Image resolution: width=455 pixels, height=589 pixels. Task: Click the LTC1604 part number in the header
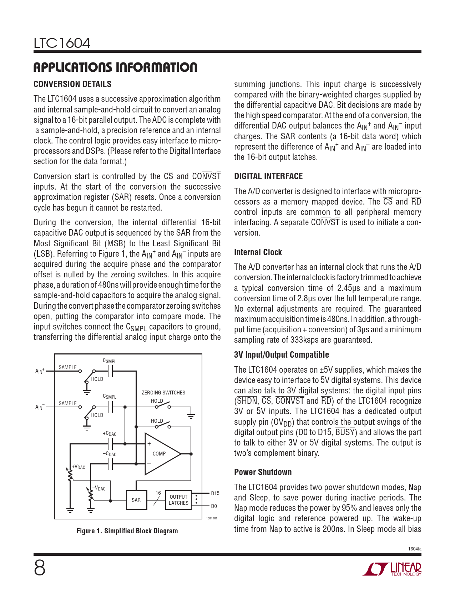pos(62,44)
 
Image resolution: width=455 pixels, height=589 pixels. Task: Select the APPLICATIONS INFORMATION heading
pos(115,67)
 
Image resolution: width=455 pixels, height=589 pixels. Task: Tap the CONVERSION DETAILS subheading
pos(72,84)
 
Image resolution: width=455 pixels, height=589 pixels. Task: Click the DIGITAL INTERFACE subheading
pos(268,176)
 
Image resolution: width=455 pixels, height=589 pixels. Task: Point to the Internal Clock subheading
pos(258,252)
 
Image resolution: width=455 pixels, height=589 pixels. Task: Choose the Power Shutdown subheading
pos(263,472)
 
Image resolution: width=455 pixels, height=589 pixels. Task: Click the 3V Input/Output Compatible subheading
pos(282,355)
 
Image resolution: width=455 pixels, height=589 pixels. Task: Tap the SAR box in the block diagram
pos(136,500)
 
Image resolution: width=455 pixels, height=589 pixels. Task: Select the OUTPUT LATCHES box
pos(178,500)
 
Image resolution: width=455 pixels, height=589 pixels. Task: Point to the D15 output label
pos(215,493)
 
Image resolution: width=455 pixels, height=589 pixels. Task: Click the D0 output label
pos(214,506)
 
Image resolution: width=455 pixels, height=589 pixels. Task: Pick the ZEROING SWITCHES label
pos(163,393)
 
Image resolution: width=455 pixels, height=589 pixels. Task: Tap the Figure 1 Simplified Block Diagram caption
pos(127,531)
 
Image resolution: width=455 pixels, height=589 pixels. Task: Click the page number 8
pos(40,568)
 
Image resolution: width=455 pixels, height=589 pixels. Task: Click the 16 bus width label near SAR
pos(158,493)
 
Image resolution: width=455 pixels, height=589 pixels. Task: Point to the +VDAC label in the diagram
pos(79,467)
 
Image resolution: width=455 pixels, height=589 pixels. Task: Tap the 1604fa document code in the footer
pos(415,549)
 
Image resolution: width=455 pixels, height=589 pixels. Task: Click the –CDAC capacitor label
pos(110,454)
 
